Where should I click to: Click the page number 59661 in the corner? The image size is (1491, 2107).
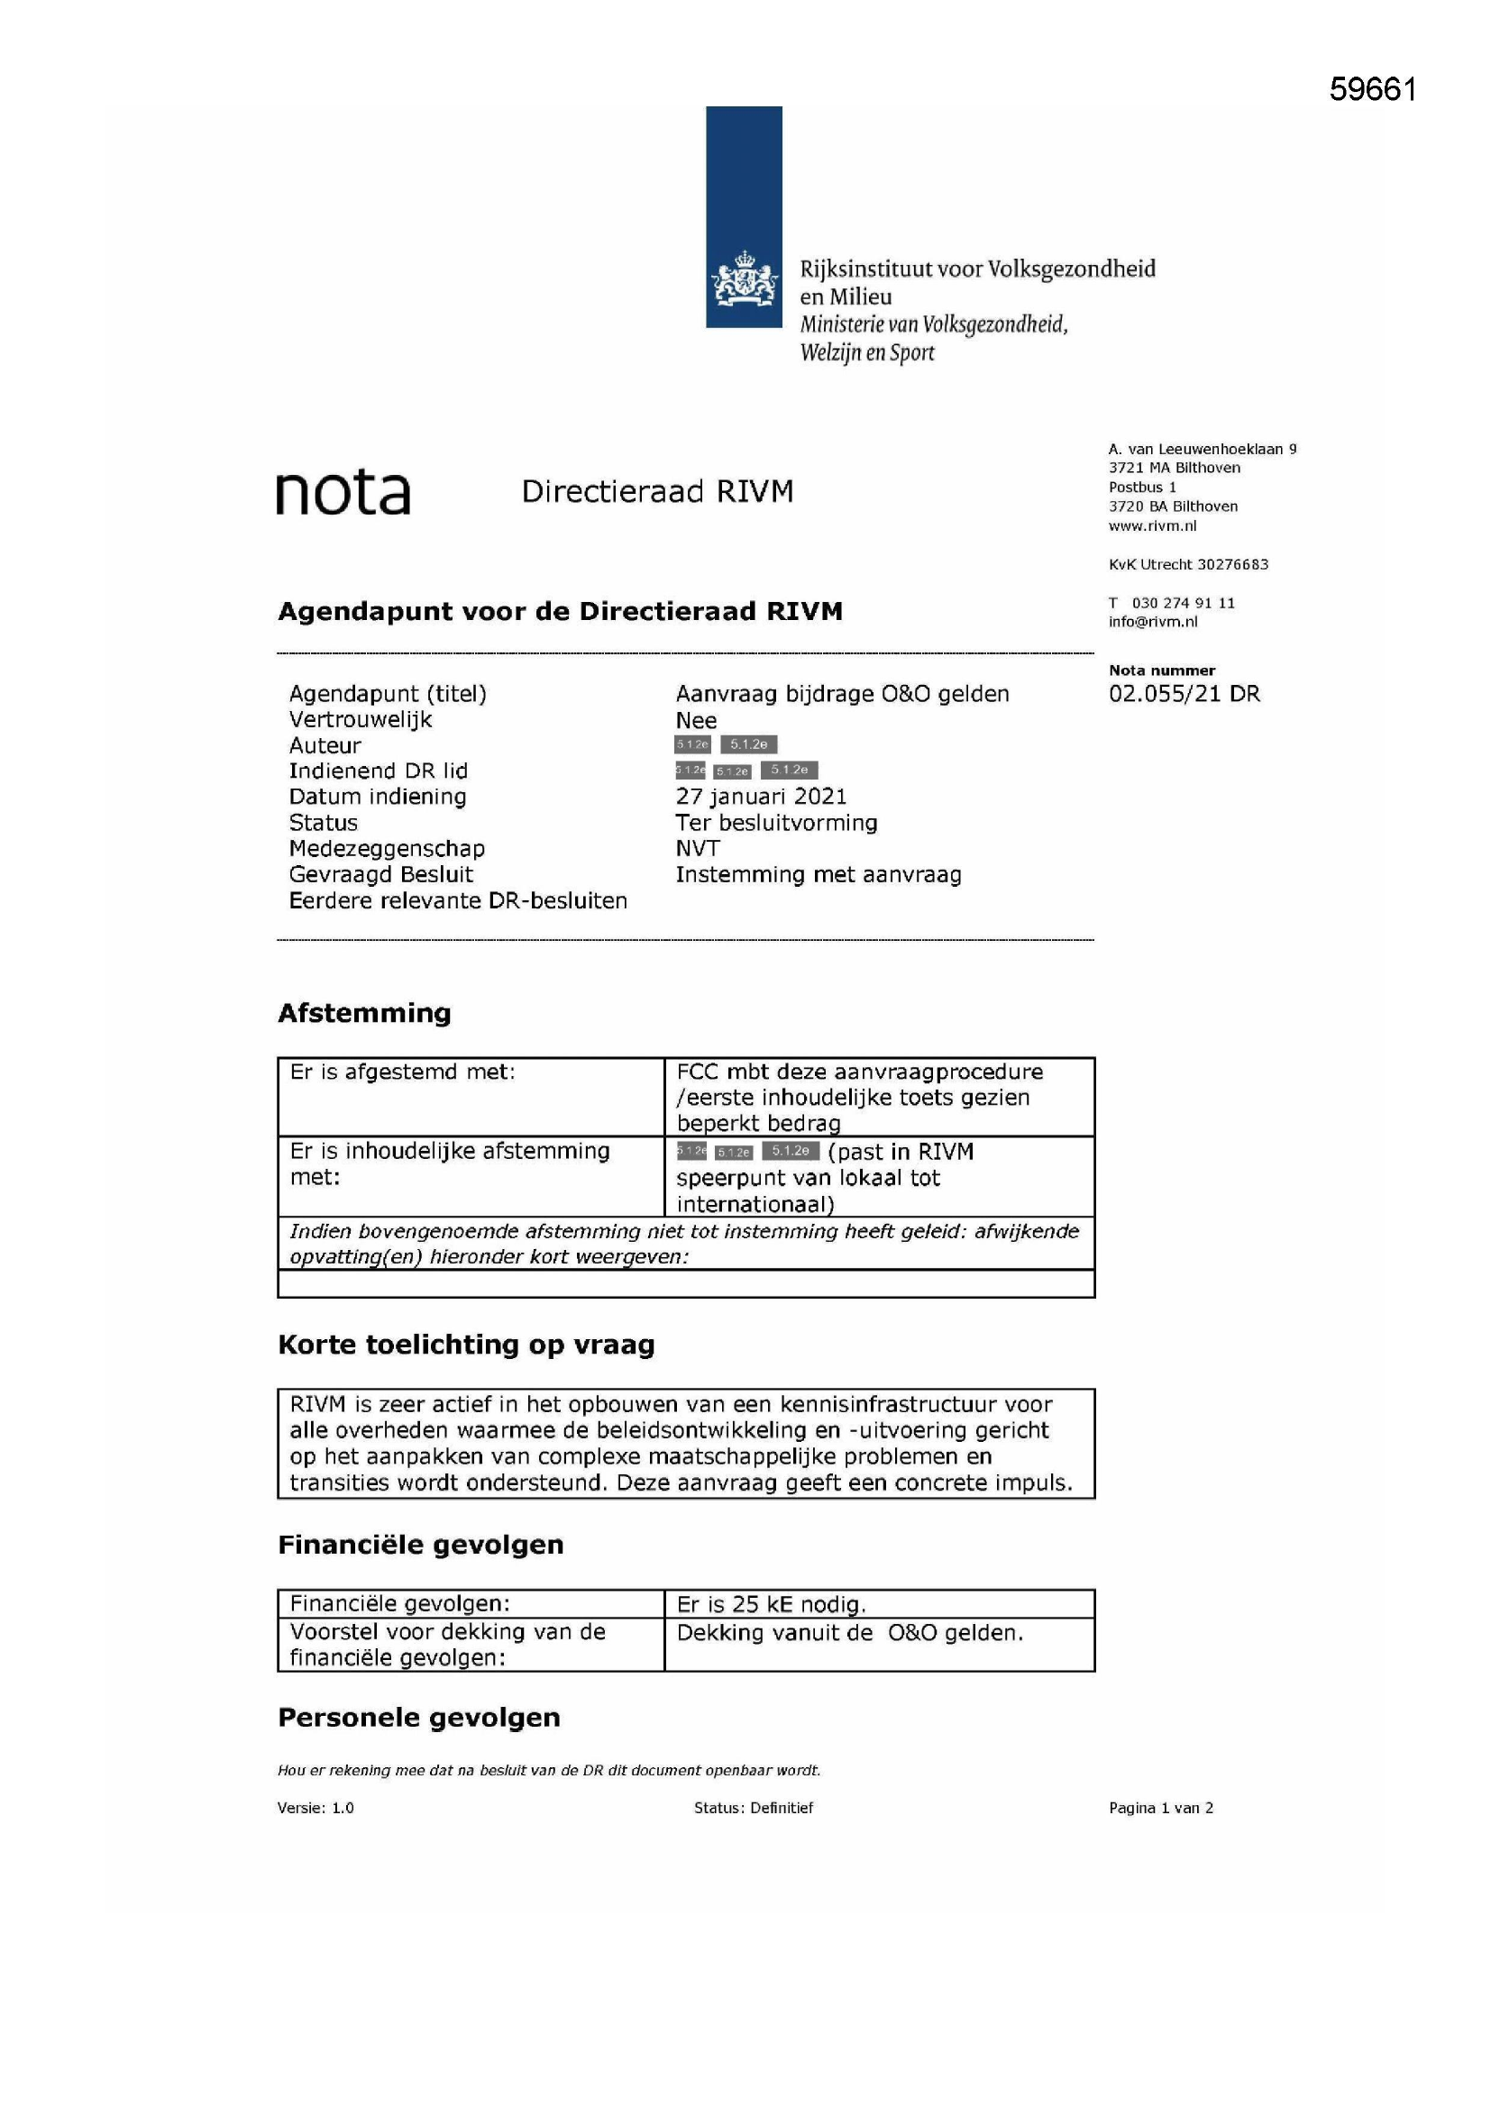(x=1373, y=89)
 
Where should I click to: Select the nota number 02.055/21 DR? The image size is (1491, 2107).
(x=1185, y=694)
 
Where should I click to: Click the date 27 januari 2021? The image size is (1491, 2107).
(x=761, y=797)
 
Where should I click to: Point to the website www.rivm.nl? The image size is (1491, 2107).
(x=1152, y=525)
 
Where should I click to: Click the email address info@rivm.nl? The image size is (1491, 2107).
(x=1152, y=621)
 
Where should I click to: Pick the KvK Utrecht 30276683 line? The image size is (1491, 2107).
(x=1188, y=564)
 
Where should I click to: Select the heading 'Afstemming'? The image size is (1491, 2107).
(x=364, y=1013)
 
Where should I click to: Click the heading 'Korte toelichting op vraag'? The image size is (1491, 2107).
(x=466, y=1345)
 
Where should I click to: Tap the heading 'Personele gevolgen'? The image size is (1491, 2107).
(x=418, y=1718)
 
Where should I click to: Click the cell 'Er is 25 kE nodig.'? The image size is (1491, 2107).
(x=772, y=1604)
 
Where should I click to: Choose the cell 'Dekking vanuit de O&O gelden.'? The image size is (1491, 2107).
(x=849, y=1633)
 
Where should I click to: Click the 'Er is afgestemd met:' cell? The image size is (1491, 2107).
(x=403, y=1072)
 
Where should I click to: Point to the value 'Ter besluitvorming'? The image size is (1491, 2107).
(x=777, y=822)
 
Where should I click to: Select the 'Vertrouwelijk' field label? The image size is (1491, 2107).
(x=360, y=719)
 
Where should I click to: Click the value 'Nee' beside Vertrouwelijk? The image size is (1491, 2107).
(x=696, y=720)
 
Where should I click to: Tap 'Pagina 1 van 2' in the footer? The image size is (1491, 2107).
(x=1160, y=1808)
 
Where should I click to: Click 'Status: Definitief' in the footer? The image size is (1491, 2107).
(x=754, y=1808)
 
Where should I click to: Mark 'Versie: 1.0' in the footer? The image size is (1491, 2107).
(x=316, y=1808)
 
